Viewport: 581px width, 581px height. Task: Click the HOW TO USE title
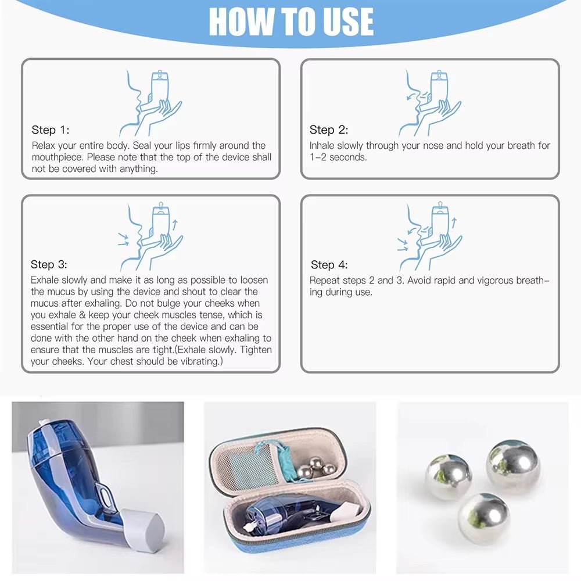pyautogui.click(x=290, y=22)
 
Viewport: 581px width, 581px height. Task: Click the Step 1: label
pyautogui.click(x=50, y=130)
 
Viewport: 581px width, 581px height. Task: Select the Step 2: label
pyautogui.click(x=328, y=130)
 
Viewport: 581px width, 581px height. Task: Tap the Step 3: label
pyautogui.click(x=49, y=265)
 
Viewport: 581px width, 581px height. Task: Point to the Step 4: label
pyautogui.click(x=329, y=265)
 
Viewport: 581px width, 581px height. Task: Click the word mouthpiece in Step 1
pyautogui.click(x=57, y=157)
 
